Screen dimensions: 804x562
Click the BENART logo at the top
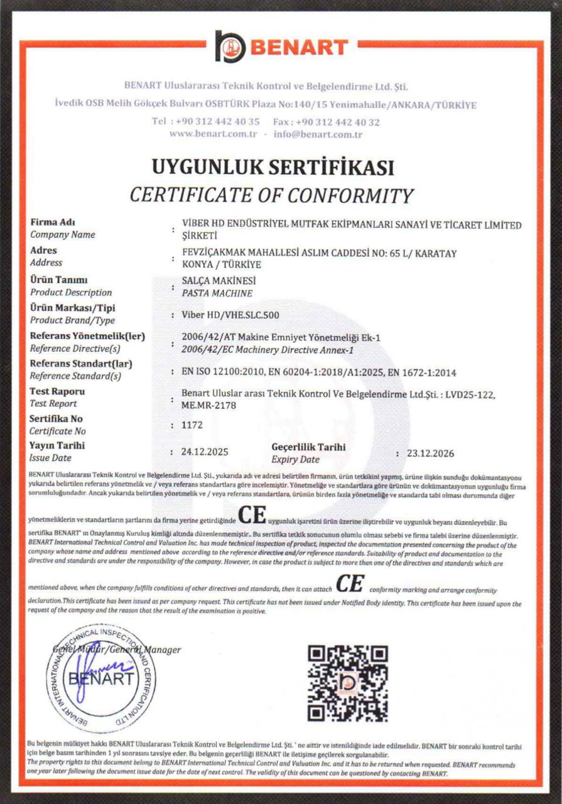281,46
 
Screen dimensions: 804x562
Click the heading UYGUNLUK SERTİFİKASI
273,168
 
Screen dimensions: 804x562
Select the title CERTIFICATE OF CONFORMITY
272,195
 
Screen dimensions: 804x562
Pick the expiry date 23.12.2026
430,453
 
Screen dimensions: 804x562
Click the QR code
347,683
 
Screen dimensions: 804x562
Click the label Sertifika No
56,418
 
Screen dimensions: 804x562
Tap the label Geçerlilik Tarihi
308,447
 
